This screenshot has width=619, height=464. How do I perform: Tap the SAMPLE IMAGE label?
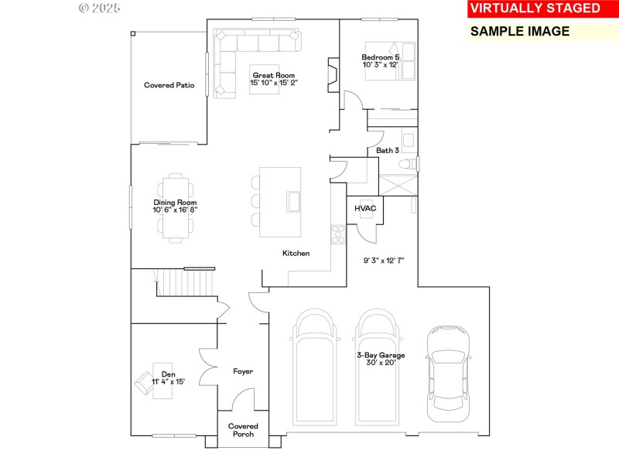coord(520,32)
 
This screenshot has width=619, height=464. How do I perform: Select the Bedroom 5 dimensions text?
coord(380,65)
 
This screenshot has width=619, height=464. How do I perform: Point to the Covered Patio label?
coord(169,86)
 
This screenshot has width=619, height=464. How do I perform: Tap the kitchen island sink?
coord(294,201)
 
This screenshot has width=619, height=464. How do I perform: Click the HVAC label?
coord(364,209)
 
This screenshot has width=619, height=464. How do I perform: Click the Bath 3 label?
coord(388,150)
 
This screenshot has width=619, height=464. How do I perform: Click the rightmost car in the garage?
coord(448,371)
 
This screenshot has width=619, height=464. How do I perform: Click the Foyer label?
coord(243,372)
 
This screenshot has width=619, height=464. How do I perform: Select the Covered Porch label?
coord(243,430)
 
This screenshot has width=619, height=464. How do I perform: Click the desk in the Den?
coord(162,381)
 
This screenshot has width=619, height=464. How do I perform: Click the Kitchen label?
coord(296,254)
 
